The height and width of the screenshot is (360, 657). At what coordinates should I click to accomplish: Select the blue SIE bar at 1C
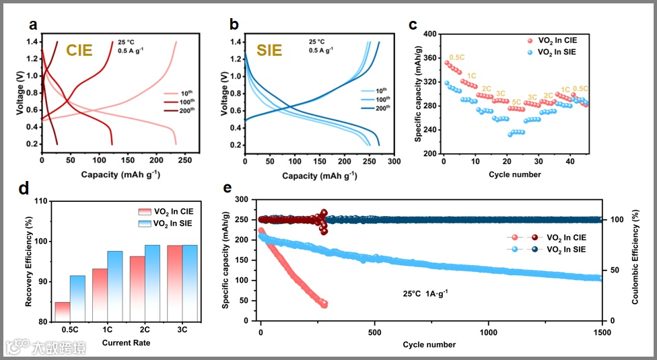coord(115,286)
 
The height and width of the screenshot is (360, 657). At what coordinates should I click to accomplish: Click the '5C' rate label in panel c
coord(516,102)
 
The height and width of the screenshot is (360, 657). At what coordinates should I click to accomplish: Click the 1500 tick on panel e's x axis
coord(601,332)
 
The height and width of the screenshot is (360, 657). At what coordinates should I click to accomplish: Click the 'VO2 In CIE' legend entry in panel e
coord(565,238)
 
